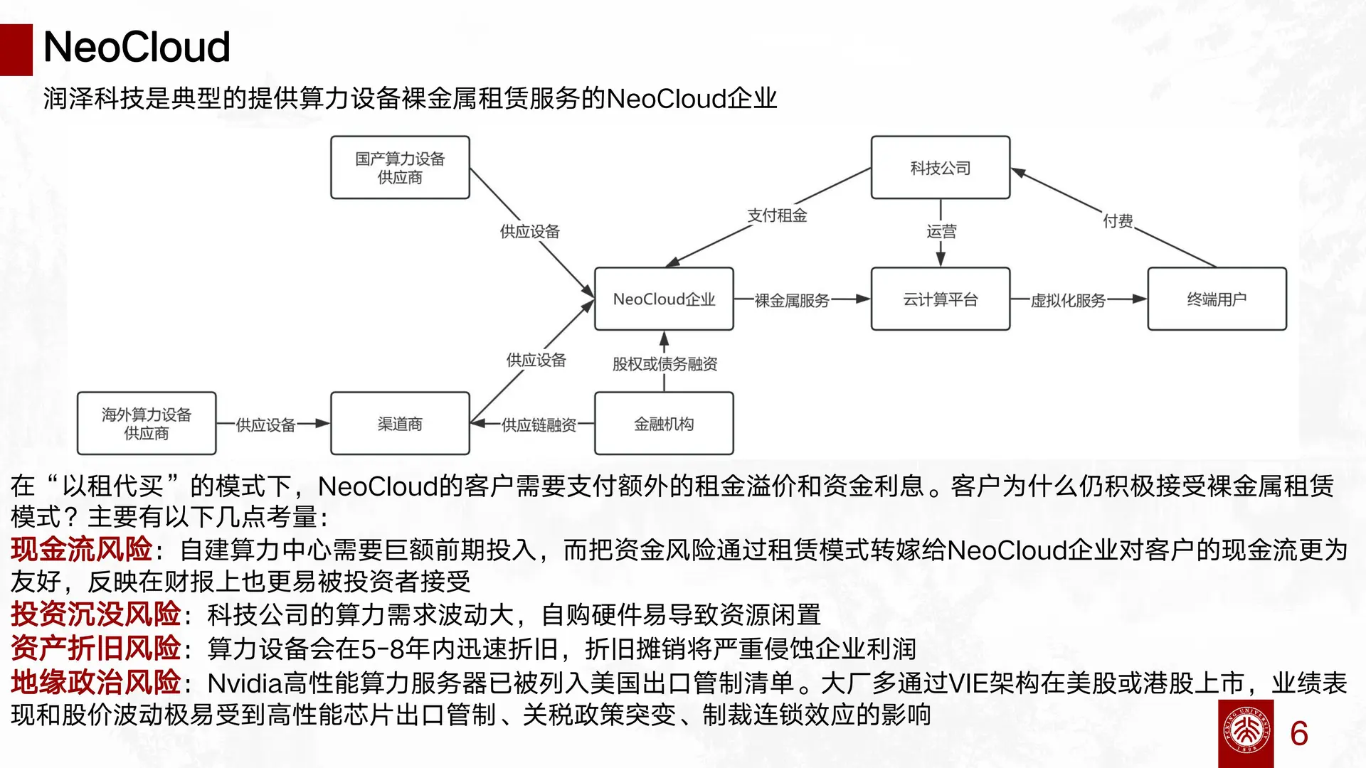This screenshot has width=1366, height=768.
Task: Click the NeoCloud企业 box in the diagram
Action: tap(664, 299)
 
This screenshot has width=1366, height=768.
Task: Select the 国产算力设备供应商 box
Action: tap(400, 168)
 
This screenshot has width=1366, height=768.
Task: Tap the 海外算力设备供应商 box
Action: tap(147, 424)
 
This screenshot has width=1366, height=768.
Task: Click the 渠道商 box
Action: tap(400, 424)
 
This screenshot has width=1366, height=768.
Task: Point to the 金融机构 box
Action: tap(664, 424)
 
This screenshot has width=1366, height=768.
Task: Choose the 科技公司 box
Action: tap(941, 168)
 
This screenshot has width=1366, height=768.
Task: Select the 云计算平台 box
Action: tap(941, 299)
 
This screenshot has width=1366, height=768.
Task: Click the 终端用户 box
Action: tap(1217, 299)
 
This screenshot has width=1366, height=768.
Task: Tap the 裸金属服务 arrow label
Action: tap(792, 301)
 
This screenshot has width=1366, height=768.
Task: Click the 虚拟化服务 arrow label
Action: tap(1068, 301)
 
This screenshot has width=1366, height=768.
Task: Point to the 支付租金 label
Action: tap(777, 215)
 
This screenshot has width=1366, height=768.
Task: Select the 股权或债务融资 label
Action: tap(665, 364)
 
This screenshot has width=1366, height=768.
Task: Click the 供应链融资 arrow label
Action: tap(539, 425)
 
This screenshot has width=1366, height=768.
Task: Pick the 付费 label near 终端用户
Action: tap(1118, 221)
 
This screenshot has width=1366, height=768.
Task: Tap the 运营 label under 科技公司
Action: tap(941, 231)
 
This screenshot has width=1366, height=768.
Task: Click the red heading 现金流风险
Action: tap(81, 550)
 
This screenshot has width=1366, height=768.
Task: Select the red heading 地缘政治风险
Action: tap(95, 683)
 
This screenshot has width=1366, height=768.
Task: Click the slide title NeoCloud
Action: tap(137, 47)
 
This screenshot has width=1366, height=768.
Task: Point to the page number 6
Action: tap(1299, 734)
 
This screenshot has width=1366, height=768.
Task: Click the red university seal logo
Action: tap(1246, 733)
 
